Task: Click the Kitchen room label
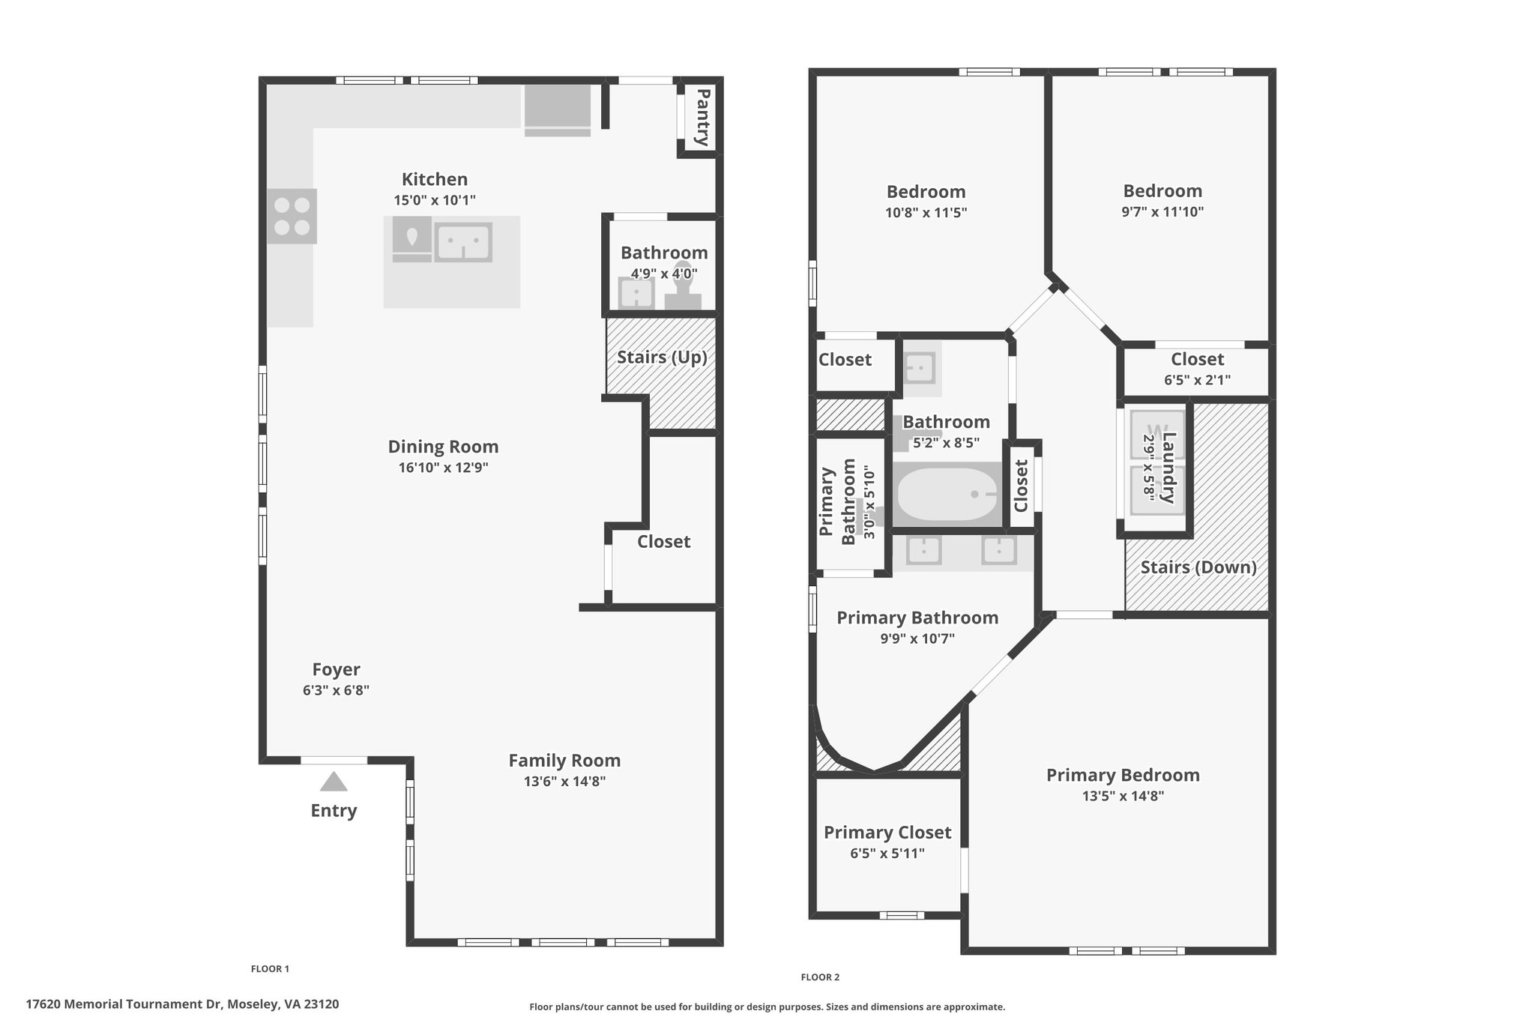click(434, 179)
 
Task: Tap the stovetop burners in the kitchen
click(292, 216)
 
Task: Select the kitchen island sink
click(463, 241)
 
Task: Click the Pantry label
click(702, 117)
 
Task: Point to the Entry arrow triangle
click(334, 782)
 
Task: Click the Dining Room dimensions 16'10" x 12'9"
click(443, 468)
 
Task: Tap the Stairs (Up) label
click(662, 357)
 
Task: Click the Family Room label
click(564, 761)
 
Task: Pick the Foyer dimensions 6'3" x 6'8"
click(336, 690)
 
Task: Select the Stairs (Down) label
click(1198, 567)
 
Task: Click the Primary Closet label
click(887, 833)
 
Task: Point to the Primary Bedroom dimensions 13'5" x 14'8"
click(1122, 796)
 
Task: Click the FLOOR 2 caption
click(820, 977)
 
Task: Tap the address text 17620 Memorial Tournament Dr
click(124, 1004)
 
